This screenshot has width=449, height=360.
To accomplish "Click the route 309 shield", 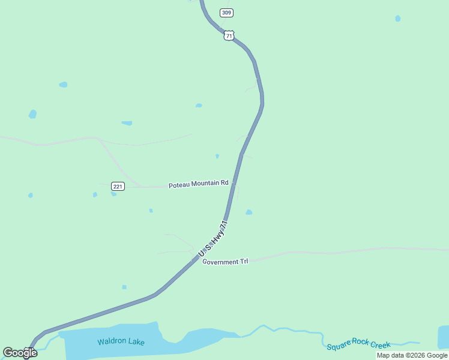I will [x=226, y=13].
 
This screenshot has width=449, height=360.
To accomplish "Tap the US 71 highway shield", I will [x=228, y=36].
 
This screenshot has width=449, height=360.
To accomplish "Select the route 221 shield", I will [x=118, y=187].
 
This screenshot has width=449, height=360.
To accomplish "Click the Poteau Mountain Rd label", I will [x=198, y=183].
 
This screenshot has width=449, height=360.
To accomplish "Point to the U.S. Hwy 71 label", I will [x=214, y=241].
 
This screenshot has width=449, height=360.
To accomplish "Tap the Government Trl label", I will [x=225, y=262].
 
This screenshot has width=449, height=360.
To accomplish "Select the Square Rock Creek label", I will [x=358, y=346].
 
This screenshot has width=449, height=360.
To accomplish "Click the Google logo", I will [x=20, y=353].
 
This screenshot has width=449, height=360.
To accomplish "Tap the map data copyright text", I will [x=412, y=355].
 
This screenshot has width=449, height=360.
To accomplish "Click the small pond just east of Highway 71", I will [x=249, y=212].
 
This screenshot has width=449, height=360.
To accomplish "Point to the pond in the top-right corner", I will [x=398, y=19].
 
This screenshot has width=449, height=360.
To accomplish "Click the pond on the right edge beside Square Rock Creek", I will [x=444, y=336].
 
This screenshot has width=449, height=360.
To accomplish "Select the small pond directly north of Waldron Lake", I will [x=124, y=287].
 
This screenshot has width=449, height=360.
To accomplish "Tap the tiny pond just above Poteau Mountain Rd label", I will [x=217, y=156].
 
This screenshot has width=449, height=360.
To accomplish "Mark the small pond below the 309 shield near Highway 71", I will [x=199, y=106].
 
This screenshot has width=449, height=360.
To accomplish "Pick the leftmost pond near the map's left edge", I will [x=31, y=195].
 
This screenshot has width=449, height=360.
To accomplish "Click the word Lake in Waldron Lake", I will [x=136, y=342].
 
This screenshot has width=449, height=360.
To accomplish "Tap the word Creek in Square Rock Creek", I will [x=381, y=344].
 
